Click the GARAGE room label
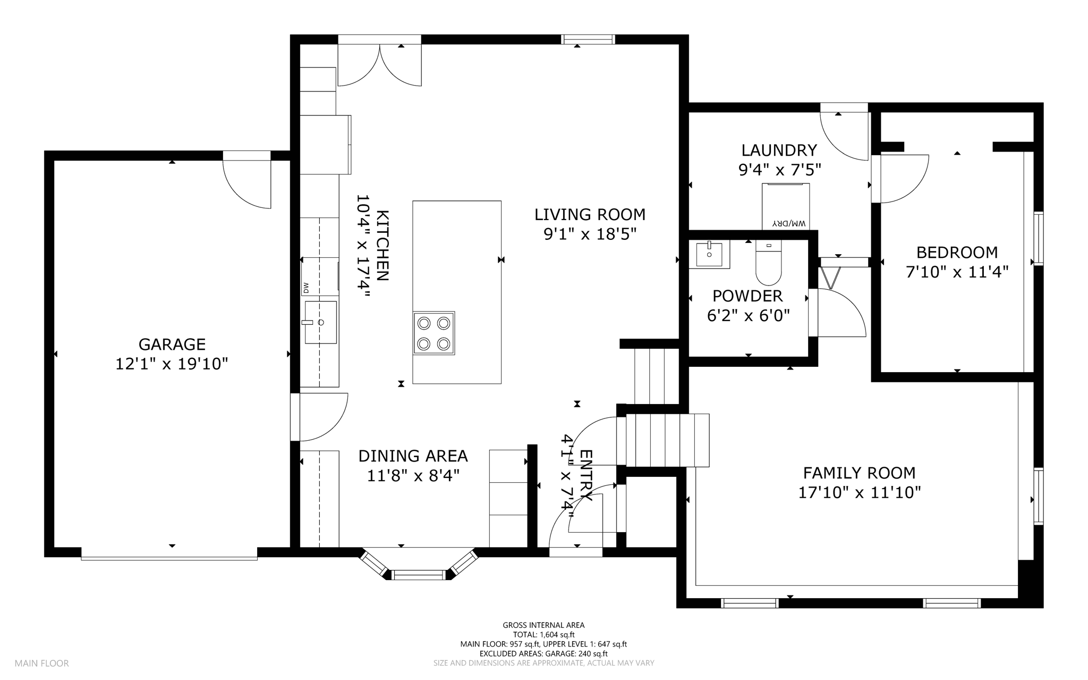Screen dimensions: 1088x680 pyautogui.click(x=172, y=345)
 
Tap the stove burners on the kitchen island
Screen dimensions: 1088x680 pyautogui.click(x=434, y=333)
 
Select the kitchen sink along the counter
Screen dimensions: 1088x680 pyautogui.click(x=320, y=322)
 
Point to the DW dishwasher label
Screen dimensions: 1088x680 pyautogui.click(x=306, y=288)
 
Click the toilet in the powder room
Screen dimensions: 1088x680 pyautogui.click(x=769, y=263)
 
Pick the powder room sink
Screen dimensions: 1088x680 pyautogui.click(x=709, y=254)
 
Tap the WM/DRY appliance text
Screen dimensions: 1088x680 pyautogui.click(x=786, y=223)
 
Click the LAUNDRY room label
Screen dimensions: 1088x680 pyautogui.click(x=779, y=150)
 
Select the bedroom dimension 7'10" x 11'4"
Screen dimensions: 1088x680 pyautogui.click(x=957, y=272)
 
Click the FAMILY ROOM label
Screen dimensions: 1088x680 pyautogui.click(x=859, y=473)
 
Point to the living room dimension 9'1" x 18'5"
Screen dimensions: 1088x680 pyautogui.click(x=590, y=234)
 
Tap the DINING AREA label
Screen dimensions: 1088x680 pyautogui.click(x=413, y=456)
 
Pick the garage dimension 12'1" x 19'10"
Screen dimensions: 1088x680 pyautogui.click(x=172, y=364)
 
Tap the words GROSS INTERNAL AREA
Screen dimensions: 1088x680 pyautogui.click(x=543, y=625)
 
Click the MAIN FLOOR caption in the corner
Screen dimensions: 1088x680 pyautogui.click(x=41, y=663)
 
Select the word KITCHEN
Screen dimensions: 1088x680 pyautogui.click(x=382, y=245)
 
